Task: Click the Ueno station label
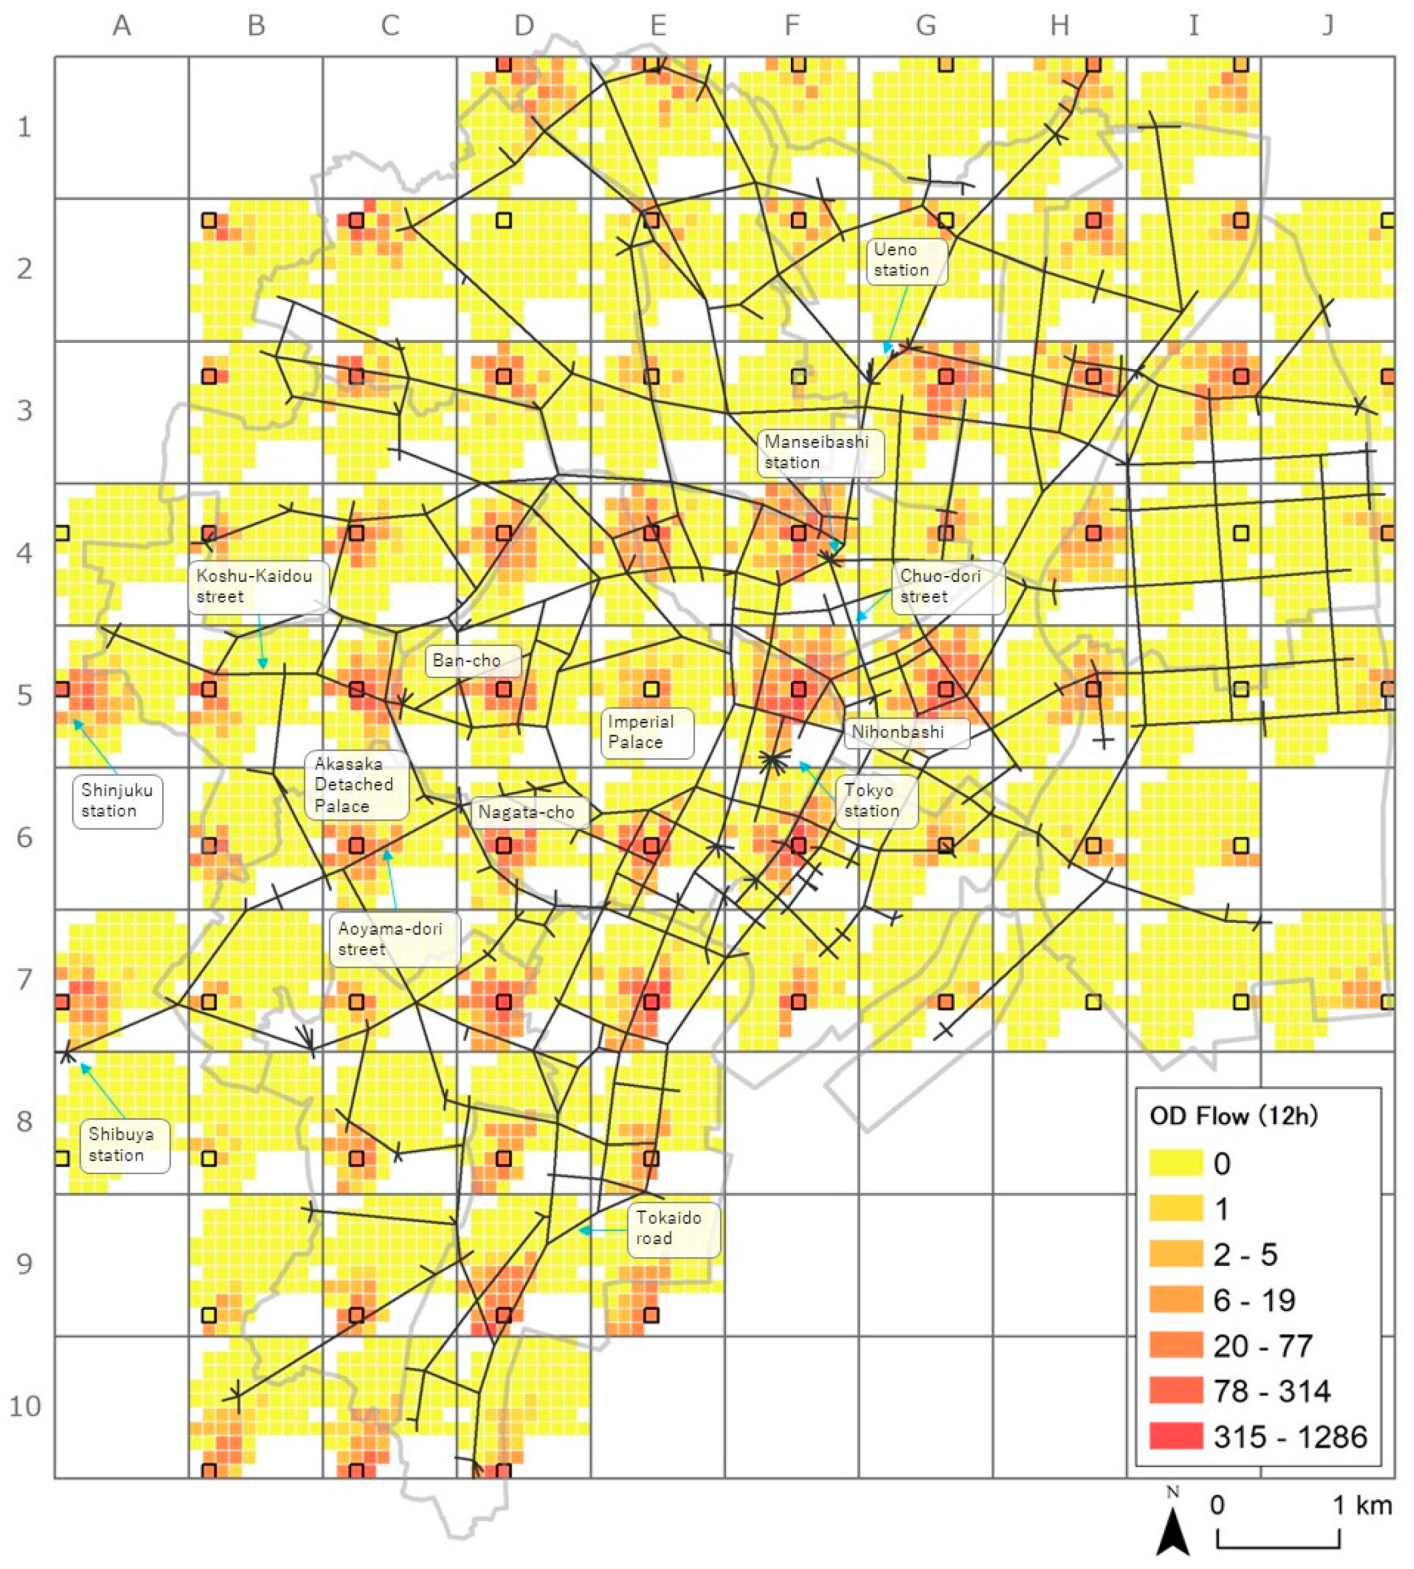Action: pyautogui.click(x=906, y=260)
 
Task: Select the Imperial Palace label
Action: pyautogui.click(x=646, y=732)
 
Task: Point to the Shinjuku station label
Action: pyautogui.click(x=117, y=800)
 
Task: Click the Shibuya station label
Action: pyautogui.click(x=124, y=1145)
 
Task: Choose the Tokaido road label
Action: pyautogui.click(x=673, y=1228)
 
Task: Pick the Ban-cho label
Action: pyautogui.click(x=472, y=660)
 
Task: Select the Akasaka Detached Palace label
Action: pyautogui.click(x=356, y=785)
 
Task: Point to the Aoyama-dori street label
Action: pyautogui.click(x=394, y=939)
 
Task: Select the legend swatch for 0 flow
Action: pyautogui.click(x=1175, y=1163)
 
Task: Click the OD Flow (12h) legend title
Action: pyautogui.click(x=1233, y=1116)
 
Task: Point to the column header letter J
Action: pyautogui.click(x=1328, y=26)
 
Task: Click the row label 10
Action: pyautogui.click(x=24, y=1406)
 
